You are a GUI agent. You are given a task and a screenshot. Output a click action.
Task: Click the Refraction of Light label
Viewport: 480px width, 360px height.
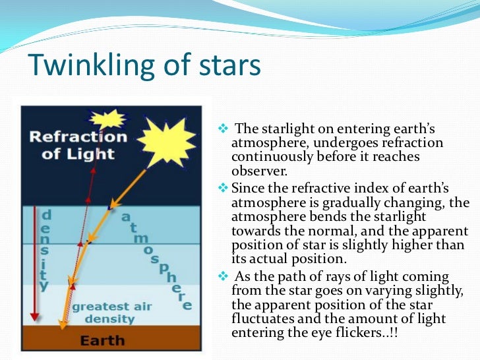pyautogui.click(x=78, y=146)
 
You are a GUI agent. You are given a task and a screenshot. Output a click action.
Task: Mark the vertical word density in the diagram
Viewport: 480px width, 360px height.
pyautogui.click(x=44, y=251)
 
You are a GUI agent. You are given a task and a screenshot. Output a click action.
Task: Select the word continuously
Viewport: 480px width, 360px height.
pyautogui.click(x=270, y=156)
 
